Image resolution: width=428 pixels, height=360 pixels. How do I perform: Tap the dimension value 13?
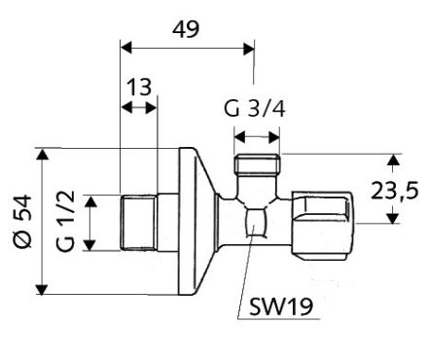click(138, 88)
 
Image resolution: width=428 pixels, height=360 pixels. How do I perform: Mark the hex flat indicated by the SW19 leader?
click(258, 221)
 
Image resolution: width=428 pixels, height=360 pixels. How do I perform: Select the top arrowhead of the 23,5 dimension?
click(392, 159)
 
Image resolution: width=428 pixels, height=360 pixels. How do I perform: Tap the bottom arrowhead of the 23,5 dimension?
click(392, 216)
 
